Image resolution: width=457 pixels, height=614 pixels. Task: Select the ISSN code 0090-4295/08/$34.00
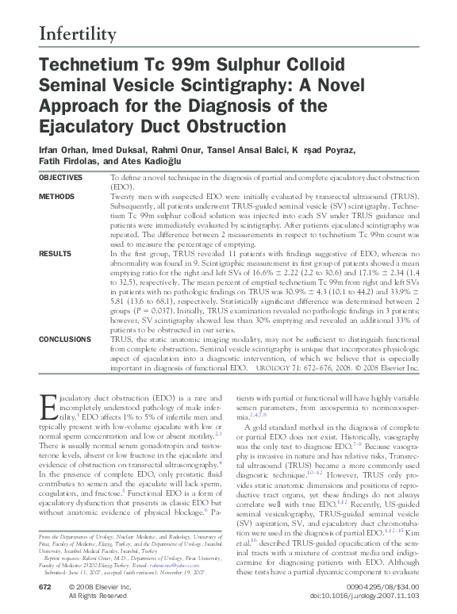[378, 586]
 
